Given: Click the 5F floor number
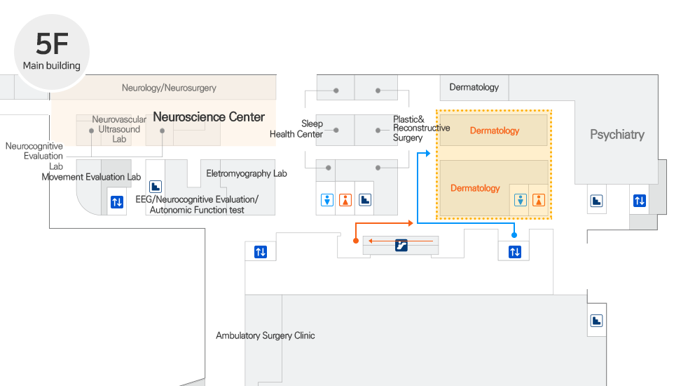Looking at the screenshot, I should point(52,44).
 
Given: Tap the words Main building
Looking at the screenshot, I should point(52,66).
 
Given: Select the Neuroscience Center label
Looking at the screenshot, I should point(209,117).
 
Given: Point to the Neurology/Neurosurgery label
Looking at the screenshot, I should point(169,88).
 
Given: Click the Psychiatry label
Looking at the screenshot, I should point(617,134).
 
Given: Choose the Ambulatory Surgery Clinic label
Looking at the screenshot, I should point(265,335).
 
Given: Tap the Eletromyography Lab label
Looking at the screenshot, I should point(246,173).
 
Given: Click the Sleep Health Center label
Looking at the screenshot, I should point(297,129).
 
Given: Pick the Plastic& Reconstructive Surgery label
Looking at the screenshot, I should point(420,128).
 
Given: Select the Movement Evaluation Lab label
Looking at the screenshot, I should point(91,177).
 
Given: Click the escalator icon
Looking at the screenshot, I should point(401,245).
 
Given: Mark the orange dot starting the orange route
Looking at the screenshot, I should point(356,240).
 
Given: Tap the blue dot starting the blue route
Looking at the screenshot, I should point(514,235).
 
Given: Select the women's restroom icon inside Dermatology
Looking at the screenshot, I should point(538,200).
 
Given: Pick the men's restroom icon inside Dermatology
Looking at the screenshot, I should point(520,200).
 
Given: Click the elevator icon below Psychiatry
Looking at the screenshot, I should point(639,201).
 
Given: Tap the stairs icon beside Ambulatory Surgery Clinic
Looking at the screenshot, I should point(596,321).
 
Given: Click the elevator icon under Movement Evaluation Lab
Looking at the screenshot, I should point(117,203).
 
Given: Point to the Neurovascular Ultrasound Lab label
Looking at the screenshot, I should point(119,129).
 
